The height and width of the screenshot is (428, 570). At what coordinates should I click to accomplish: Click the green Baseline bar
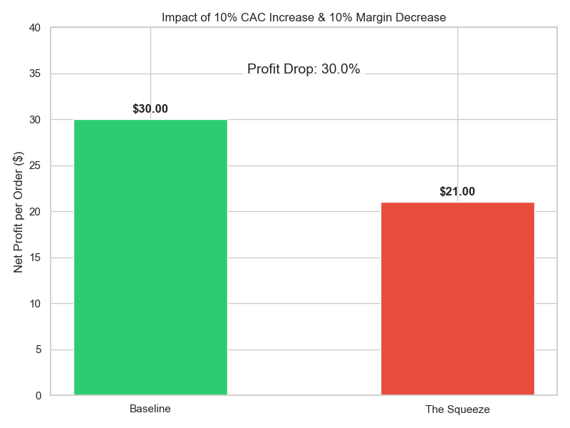(x=150, y=257)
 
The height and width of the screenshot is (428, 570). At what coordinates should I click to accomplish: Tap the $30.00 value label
(x=150, y=109)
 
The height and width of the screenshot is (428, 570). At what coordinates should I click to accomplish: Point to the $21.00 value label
(x=457, y=191)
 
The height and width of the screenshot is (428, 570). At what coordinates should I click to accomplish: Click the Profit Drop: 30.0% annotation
(x=304, y=69)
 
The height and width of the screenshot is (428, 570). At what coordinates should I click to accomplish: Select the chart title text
(x=304, y=17)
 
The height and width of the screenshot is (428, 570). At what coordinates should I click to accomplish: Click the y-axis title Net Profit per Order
(x=19, y=211)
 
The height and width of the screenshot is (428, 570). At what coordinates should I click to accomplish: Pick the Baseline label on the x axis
(x=150, y=409)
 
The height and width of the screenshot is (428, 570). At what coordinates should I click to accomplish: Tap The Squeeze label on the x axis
(x=457, y=409)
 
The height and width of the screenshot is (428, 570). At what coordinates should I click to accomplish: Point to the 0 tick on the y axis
(x=38, y=396)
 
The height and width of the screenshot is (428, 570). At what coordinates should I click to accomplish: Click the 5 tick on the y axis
(x=38, y=350)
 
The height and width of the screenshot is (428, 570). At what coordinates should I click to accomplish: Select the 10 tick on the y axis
(x=36, y=304)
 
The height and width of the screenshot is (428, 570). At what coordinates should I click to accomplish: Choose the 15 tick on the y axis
(x=36, y=258)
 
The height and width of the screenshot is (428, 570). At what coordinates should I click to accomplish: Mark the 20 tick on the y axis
(x=36, y=212)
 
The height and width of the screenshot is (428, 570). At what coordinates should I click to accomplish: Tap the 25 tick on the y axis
(x=36, y=165)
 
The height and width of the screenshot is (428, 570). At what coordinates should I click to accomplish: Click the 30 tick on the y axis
(x=36, y=120)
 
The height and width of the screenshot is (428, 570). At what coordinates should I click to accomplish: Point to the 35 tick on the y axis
(x=36, y=73)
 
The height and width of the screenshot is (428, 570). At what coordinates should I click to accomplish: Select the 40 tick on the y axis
(x=36, y=28)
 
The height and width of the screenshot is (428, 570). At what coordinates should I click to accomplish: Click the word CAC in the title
(x=255, y=17)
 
